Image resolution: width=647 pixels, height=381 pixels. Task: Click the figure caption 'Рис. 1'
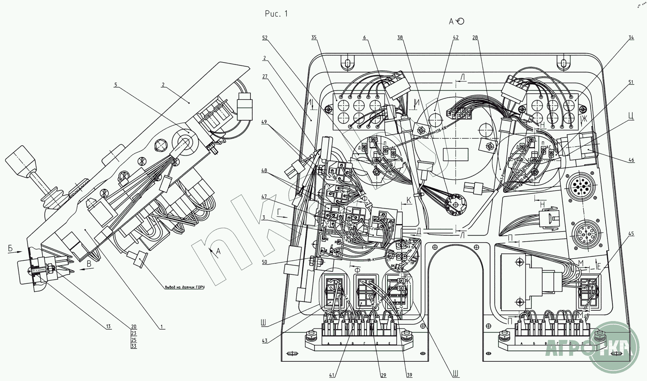click(276, 14)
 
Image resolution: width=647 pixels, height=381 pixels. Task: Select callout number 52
click(264, 38)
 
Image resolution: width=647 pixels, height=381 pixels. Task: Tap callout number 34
click(631, 37)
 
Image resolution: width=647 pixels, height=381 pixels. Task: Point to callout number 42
click(455, 37)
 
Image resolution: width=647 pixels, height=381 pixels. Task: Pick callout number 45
click(631, 233)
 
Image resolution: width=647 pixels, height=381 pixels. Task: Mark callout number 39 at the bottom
click(409, 375)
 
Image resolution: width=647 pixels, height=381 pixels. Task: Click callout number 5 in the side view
click(116, 84)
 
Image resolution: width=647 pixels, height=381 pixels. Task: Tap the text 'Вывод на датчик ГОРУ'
click(185, 287)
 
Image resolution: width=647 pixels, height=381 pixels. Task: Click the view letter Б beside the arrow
click(10, 249)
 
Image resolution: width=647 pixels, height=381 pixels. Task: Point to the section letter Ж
click(584, 119)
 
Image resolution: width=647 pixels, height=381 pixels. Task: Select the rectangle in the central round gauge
click(455, 154)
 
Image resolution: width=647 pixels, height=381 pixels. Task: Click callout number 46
click(631, 160)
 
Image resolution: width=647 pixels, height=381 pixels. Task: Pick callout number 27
click(264, 77)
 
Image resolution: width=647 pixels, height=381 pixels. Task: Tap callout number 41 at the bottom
click(333, 375)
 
